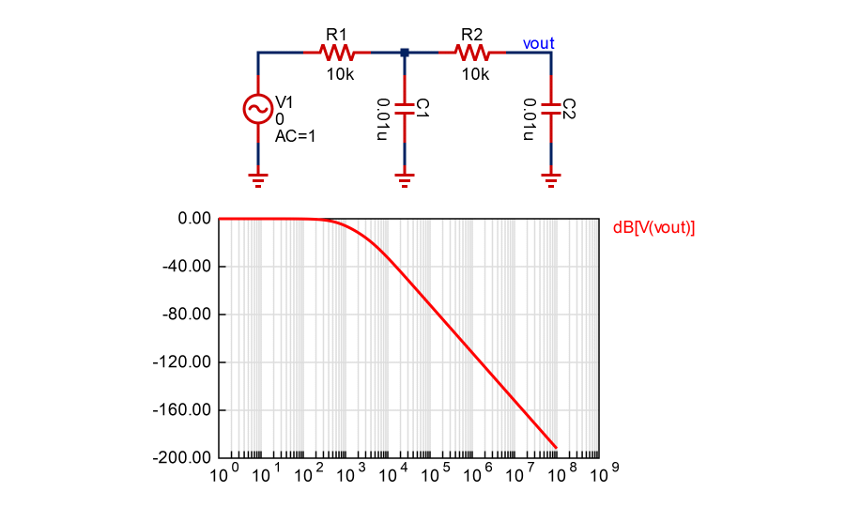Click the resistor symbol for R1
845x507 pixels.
click(x=335, y=53)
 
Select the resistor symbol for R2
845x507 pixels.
click(x=470, y=53)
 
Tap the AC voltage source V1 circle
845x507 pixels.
click(x=257, y=109)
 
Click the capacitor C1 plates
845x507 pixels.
click(x=405, y=110)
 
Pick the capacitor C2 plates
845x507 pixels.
click(x=551, y=110)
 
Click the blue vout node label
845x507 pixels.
click(x=538, y=43)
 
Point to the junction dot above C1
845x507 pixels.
click(x=405, y=53)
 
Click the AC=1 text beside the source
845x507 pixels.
click(x=295, y=136)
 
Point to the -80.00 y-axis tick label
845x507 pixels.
click(x=189, y=315)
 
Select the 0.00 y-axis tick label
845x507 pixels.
click(x=195, y=219)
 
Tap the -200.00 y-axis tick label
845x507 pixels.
click(x=186, y=458)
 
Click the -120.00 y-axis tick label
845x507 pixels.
click(x=186, y=362)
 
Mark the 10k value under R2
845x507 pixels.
click(x=475, y=74)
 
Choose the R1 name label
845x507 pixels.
click(x=336, y=34)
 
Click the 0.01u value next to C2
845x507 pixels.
click(x=530, y=118)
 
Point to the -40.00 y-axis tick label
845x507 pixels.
click(x=189, y=267)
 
